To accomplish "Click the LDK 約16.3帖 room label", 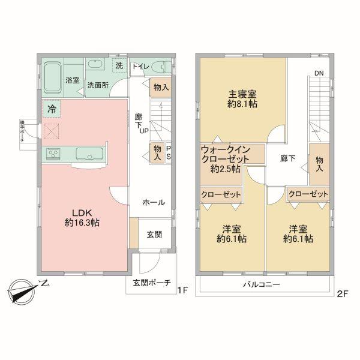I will click(x=83, y=217).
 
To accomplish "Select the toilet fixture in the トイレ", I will click(x=160, y=67).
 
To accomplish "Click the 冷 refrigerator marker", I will click(x=52, y=109).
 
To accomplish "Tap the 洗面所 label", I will click(x=98, y=85).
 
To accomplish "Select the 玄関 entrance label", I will click(x=154, y=234).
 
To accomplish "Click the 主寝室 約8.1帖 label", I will click(x=242, y=99).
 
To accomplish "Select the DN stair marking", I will click(x=319, y=74).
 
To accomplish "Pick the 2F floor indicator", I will click(x=343, y=293).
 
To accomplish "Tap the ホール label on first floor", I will click(x=154, y=203).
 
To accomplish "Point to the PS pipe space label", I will click(x=169, y=153).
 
